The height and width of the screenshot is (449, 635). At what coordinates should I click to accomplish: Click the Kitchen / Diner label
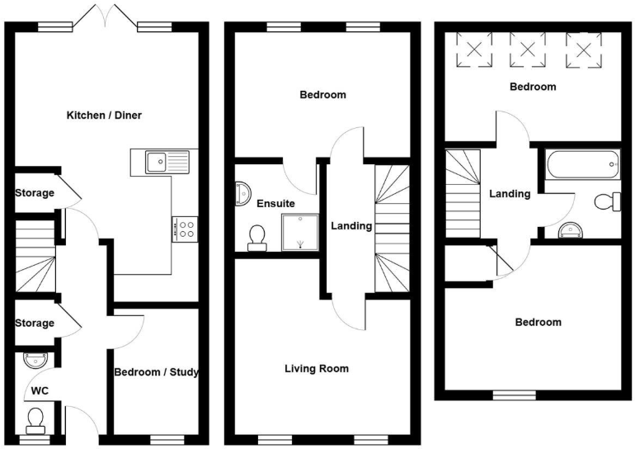[x=104, y=115]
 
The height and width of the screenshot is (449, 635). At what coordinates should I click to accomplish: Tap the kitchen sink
[x=167, y=161]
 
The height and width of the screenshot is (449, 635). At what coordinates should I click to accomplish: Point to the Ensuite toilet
[x=256, y=238]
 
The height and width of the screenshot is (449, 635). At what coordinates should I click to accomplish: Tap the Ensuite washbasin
[x=243, y=191]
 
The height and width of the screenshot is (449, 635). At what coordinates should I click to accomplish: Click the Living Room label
[x=317, y=368]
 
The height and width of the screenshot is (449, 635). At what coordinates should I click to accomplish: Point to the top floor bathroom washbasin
[x=568, y=229]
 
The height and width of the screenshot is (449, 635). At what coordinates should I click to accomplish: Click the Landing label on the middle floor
[x=351, y=225]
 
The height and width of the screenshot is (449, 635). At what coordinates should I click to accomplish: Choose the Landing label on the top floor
[x=510, y=194]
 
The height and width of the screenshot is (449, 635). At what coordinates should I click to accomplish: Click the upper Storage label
[x=35, y=193]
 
